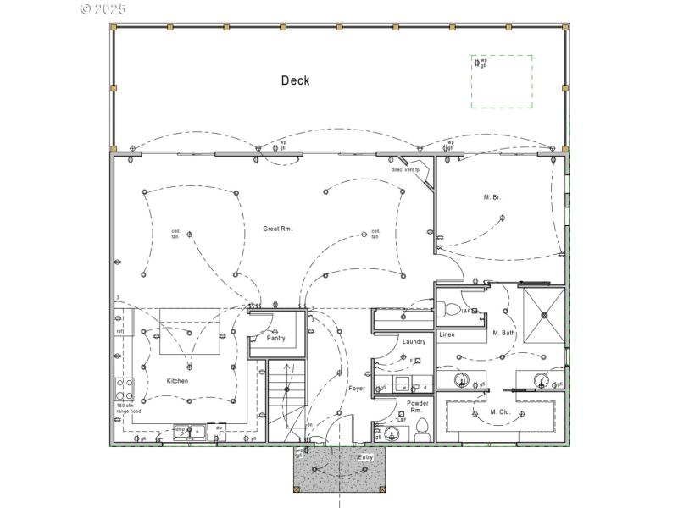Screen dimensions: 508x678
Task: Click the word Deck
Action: [x=296, y=81]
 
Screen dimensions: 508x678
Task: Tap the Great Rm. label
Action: [x=277, y=229]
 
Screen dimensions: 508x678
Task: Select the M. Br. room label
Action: [x=492, y=197]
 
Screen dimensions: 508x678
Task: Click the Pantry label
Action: [x=276, y=338]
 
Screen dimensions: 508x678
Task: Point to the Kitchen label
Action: [x=177, y=381]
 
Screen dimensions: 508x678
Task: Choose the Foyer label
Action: [x=357, y=389]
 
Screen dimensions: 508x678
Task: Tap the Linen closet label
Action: [x=447, y=334]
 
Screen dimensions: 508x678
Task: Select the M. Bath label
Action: [x=503, y=333]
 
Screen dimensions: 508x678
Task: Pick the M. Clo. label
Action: [x=500, y=412]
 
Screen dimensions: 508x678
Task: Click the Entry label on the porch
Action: [x=365, y=457]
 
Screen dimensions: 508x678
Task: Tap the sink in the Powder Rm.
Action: [x=391, y=434]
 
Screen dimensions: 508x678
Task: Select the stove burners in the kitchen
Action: [x=123, y=389]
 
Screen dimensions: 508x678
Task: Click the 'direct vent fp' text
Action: [x=405, y=169]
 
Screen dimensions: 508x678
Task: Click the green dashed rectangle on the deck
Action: [x=502, y=81]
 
